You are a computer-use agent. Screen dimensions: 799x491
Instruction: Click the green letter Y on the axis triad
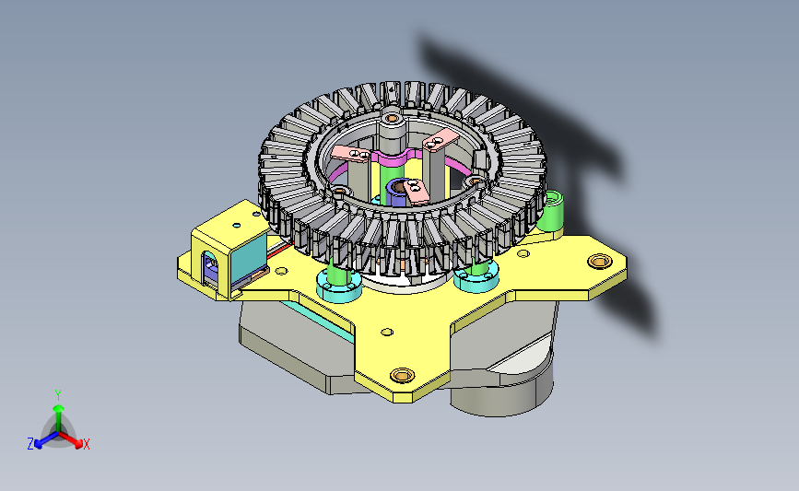58,395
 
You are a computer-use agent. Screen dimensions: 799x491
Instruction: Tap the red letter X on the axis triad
86,444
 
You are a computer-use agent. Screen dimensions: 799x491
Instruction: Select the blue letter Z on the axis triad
30,444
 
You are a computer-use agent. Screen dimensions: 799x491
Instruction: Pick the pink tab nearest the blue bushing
417,192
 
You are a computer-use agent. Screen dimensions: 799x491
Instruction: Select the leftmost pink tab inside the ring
350,153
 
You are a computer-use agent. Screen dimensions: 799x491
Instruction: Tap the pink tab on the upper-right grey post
441,141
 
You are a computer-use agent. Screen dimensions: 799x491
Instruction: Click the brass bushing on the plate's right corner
600,262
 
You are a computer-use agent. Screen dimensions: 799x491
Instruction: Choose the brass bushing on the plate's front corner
402,375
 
